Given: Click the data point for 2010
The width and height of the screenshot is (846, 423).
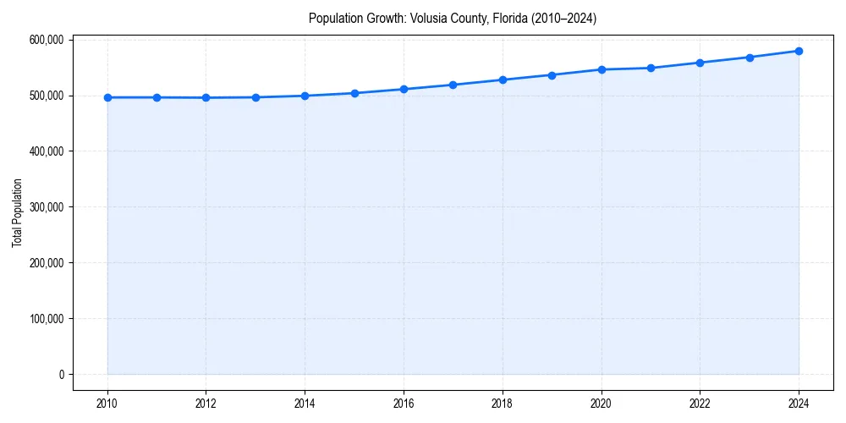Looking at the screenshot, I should [x=107, y=97].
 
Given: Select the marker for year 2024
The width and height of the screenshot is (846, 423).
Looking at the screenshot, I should [x=799, y=51].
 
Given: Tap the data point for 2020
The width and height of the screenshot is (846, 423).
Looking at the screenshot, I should [x=602, y=69].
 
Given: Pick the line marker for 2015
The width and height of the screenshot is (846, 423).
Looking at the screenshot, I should [x=354, y=93].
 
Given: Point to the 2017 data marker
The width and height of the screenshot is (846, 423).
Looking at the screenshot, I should [x=453, y=85].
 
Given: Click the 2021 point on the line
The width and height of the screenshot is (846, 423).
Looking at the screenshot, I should [x=651, y=68].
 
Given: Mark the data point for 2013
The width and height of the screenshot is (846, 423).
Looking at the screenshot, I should [x=255, y=97].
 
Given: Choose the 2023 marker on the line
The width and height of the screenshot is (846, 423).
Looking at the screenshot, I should [x=750, y=58].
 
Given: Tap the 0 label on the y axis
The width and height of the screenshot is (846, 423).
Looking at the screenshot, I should [x=61, y=375].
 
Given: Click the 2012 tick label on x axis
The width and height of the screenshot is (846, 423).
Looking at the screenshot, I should [x=206, y=404].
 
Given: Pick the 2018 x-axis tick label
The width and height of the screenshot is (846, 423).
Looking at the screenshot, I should [x=503, y=404].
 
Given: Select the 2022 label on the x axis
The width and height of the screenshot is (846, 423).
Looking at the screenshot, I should [x=700, y=404].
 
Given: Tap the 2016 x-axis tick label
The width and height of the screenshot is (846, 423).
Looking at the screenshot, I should [x=404, y=404].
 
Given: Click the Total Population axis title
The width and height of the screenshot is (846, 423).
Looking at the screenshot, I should [x=17, y=212].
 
